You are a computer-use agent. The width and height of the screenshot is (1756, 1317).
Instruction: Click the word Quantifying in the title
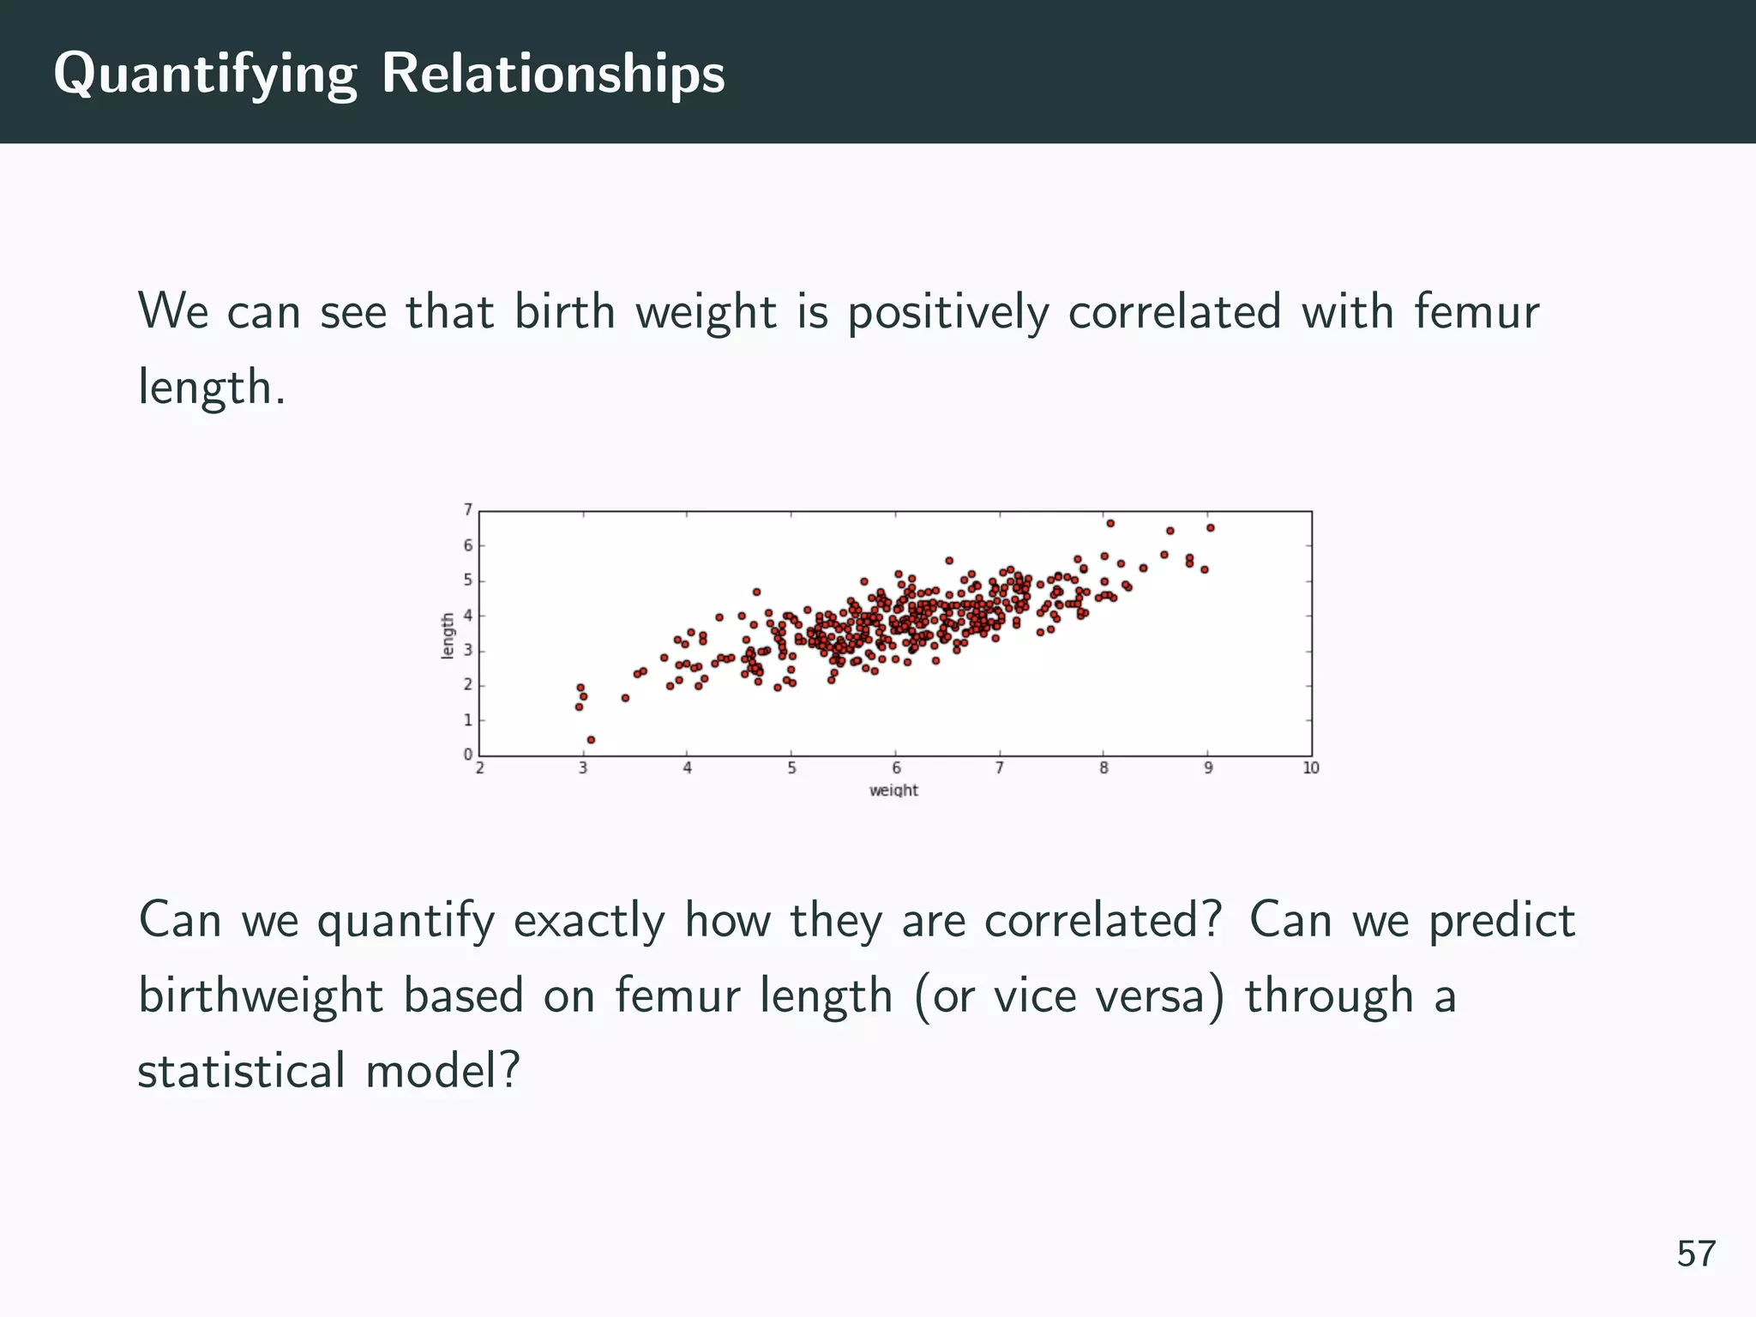[x=205, y=75]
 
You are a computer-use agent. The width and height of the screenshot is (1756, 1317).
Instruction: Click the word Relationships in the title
[x=553, y=73]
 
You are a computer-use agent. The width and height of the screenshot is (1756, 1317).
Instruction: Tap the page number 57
[x=1696, y=1254]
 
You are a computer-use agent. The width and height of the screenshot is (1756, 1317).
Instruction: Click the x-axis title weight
[x=893, y=791]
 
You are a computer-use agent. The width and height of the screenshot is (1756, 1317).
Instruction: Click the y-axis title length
[x=448, y=635]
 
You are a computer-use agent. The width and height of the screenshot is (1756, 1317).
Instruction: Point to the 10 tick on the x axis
[x=1311, y=768]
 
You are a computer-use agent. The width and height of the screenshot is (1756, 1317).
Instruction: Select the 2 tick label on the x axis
[x=479, y=768]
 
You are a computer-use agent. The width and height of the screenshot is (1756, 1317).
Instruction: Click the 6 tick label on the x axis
[x=896, y=768]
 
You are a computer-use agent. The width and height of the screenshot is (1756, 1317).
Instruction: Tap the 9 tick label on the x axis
[x=1208, y=768]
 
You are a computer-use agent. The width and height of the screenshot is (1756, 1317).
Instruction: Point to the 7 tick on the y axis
[x=468, y=510]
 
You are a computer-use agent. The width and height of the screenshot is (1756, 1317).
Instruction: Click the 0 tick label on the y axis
[x=468, y=755]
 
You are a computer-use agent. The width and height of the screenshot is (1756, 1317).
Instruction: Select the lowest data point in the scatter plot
[x=591, y=739]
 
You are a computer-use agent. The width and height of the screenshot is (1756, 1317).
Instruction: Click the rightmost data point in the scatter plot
[x=1211, y=528]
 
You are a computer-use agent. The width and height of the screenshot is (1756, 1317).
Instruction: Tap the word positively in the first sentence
[x=948, y=311]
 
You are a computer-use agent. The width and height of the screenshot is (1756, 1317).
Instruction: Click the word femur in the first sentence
[x=1476, y=311]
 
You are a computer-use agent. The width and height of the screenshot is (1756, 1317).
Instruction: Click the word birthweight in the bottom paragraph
[x=261, y=995]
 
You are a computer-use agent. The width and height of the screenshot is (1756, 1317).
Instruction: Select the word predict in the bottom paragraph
[x=1502, y=920]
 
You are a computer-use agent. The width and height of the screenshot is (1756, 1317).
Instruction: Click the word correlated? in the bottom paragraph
[x=1103, y=920]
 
